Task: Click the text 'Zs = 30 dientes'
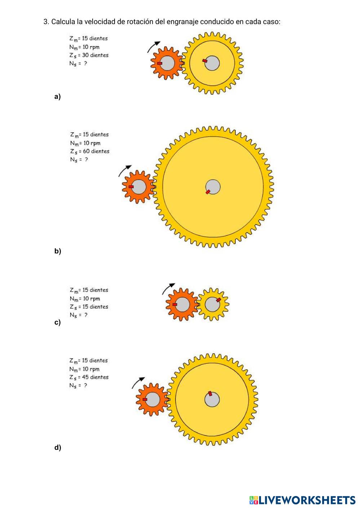coord(89,55)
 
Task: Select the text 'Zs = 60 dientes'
coord(89,151)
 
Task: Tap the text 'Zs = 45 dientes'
coord(89,377)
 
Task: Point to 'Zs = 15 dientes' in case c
coord(89,307)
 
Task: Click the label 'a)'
coord(57,97)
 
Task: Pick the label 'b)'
coord(58,251)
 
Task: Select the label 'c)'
coord(57,322)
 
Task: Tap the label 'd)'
coord(58,448)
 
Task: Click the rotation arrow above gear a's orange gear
coord(154,47)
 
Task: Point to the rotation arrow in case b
coord(125,171)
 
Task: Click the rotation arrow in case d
coord(138,382)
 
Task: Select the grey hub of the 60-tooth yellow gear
coord(213,187)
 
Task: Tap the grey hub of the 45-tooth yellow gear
coord(212,399)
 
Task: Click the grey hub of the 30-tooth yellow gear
coord(212,63)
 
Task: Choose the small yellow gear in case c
coord(213,304)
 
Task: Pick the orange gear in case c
coord(182,304)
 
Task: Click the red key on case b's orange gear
coord(131,187)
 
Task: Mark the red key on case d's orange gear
coord(145,399)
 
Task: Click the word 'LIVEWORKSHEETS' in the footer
coord(307,500)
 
